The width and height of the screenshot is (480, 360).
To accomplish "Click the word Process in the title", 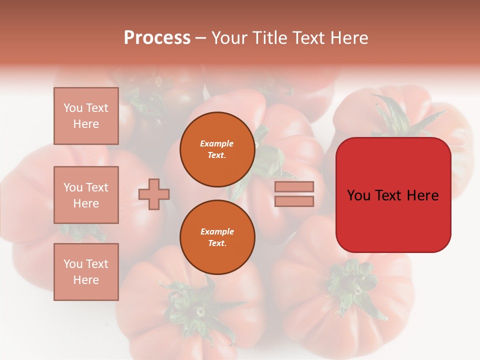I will pyautogui.click(x=157, y=38).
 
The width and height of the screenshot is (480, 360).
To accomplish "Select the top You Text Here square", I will pyautogui.click(x=86, y=116).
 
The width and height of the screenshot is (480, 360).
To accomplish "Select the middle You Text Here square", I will pyautogui.click(x=86, y=195).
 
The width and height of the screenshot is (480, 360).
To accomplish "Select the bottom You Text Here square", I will pyautogui.click(x=86, y=272).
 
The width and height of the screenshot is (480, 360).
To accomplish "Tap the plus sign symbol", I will pyautogui.click(x=154, y=194).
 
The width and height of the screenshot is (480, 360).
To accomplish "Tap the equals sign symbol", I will pyautogui.click(x=294, y=194).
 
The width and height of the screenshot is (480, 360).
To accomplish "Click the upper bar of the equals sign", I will pyautogui.click(x=294, y=186).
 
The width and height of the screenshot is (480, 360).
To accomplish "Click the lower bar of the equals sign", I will pyautogui.click(x=294, y=201).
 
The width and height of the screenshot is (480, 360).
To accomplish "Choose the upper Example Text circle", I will pyautogui.click(x=217, y=149).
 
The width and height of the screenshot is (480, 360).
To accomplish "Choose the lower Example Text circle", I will pyautogui.click(x=217, y=237).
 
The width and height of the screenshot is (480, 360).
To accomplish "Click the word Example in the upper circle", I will pyautogui.click(x=217, y=143).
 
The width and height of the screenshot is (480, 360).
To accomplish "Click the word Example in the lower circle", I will pyautogui.click(x=217, y=231).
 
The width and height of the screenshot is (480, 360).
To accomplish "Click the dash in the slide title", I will pyautogui.click(x=201, y=38).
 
